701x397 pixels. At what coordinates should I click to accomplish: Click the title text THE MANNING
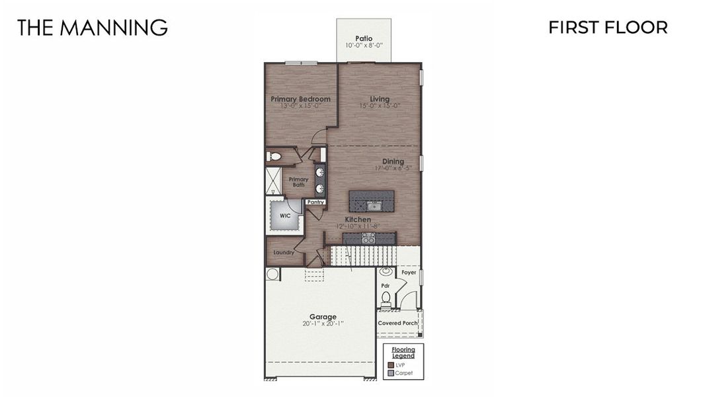click(x=92, y=28)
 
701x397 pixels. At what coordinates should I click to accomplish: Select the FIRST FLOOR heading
click(x=607, y=27)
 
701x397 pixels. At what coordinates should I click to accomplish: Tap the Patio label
click(x=364, y=38)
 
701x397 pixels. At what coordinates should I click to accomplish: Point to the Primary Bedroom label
click(x=300, y=99)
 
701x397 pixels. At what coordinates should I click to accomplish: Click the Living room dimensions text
click(x=380, y=106)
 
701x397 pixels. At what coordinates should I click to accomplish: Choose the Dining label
click(x=393, y=161)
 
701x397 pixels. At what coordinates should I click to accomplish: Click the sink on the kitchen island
click(x=372, y=206)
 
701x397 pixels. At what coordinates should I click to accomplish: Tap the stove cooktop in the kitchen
click(x=368, y=238)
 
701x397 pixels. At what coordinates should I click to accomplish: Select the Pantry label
click(x=315, y=202)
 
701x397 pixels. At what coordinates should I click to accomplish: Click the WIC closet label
click(x=285, y=216)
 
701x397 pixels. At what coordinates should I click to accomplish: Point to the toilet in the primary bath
click(x=273, y=157)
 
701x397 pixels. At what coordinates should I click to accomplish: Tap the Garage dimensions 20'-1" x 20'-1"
click(x=323, y=324)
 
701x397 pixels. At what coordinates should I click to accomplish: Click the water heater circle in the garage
click(x=272, y=273)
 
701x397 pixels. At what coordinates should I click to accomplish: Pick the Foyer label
click(x=409, y=272)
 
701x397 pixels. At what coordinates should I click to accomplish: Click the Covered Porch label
click(x=397, y=323)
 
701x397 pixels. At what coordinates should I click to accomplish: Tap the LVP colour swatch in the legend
click(x=391, y=365)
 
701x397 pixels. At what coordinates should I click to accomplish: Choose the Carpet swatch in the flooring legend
click(x=391, y=373)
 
